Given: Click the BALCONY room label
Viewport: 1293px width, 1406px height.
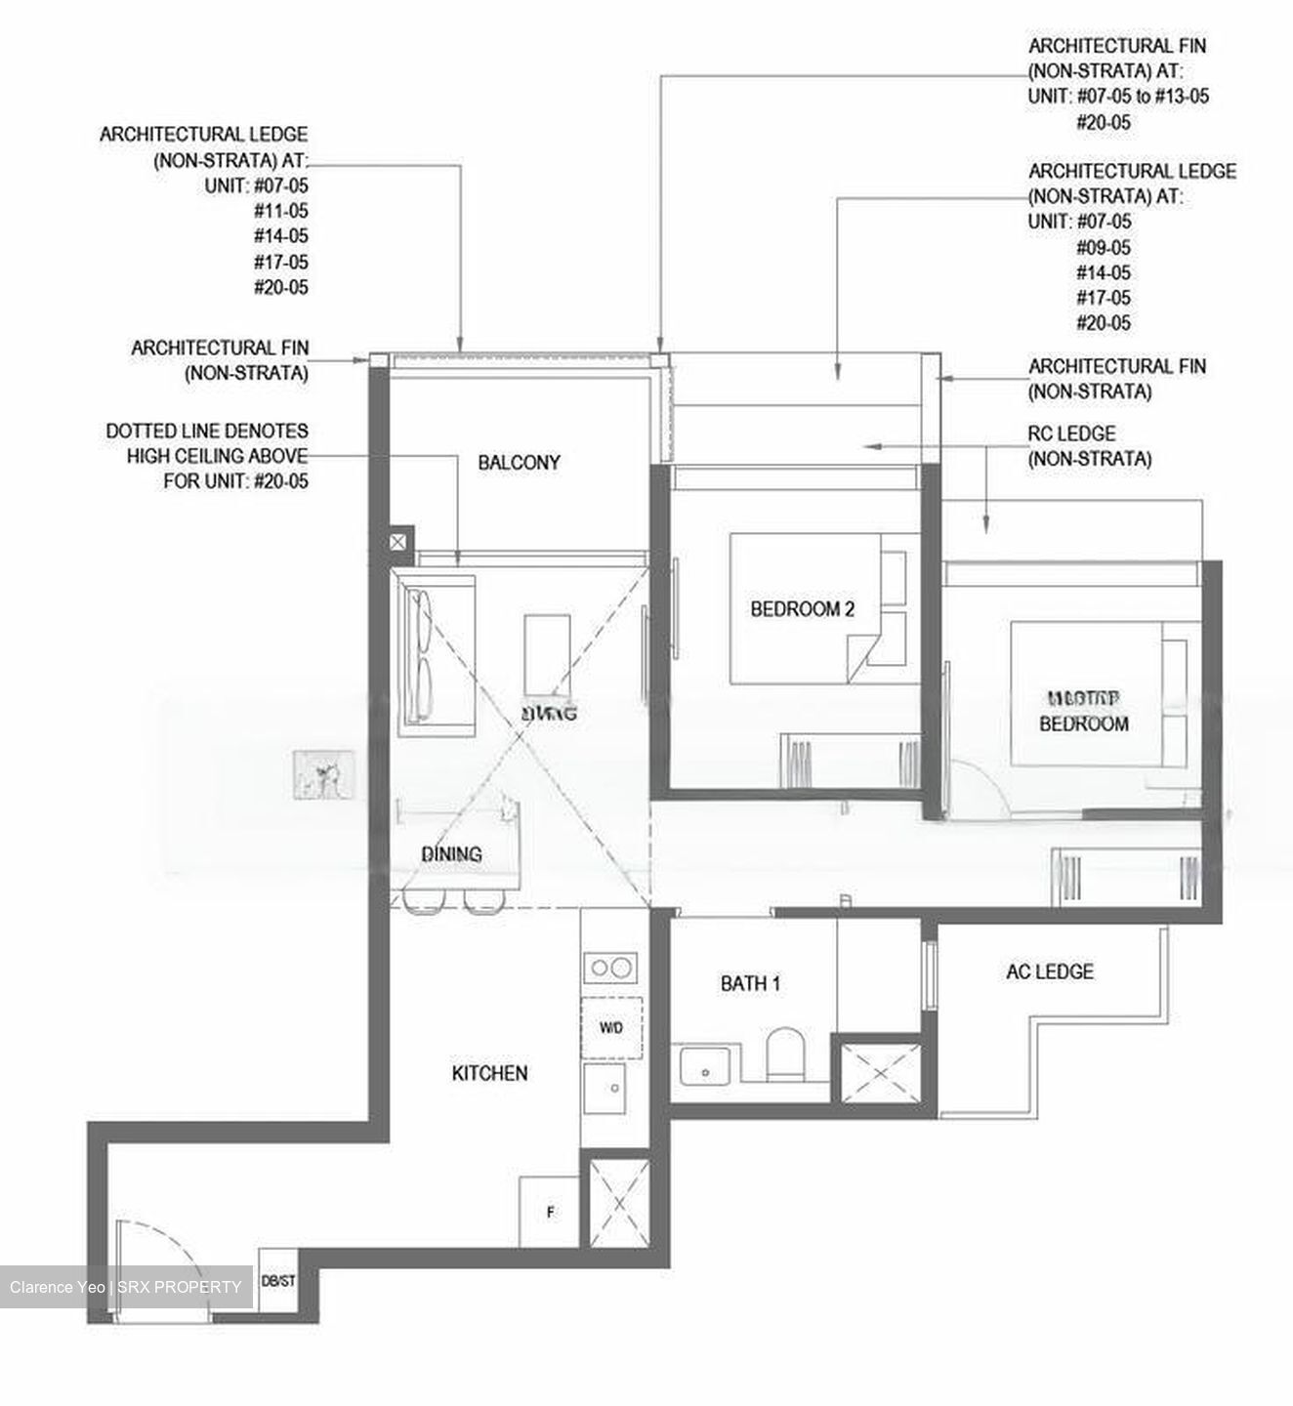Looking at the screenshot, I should tap(519, 463).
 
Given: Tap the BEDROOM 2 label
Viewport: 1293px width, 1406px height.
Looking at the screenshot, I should tap(802, 609).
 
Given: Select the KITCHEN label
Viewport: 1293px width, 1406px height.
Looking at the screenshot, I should tap(489, 1073).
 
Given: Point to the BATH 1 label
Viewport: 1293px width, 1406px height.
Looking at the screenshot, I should tap(750, 983).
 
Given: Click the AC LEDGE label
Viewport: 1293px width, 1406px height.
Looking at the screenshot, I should tap(1050, 972).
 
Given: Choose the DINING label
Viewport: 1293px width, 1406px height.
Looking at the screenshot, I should tap(451, 854).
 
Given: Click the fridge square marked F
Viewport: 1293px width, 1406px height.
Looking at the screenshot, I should tap(550, 1212).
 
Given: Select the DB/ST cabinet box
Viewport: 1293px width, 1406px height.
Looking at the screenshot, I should tap(278, 1280).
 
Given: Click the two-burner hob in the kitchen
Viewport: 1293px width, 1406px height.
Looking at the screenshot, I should tap(611, 968).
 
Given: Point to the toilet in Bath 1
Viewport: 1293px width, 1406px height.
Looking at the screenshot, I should tap(784, 1054).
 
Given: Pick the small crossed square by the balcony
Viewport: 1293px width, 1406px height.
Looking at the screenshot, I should tap(398, 540).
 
